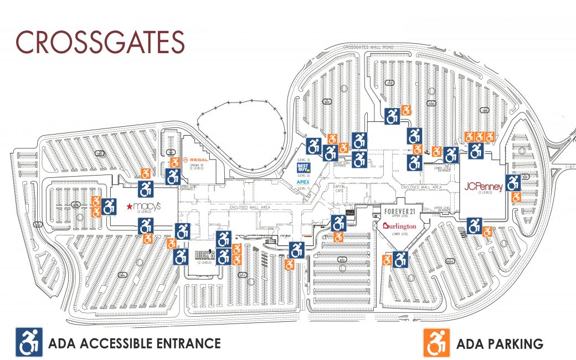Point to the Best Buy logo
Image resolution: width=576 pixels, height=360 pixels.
point(304,167)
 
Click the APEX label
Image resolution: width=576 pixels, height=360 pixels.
point(303,182)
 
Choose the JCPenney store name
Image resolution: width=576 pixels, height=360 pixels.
point(484,187)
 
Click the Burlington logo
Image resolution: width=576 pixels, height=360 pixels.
point(399,226)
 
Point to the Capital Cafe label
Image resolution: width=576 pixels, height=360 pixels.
point(340,189)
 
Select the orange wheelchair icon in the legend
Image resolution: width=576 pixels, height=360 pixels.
point(436,343)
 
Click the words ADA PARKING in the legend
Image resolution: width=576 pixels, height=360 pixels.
point(499,344)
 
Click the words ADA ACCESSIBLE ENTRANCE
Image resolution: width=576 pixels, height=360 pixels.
point(135,343)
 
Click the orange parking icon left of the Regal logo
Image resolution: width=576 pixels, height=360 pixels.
point(173,162)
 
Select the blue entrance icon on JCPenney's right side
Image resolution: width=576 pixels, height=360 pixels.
point(513,182)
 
